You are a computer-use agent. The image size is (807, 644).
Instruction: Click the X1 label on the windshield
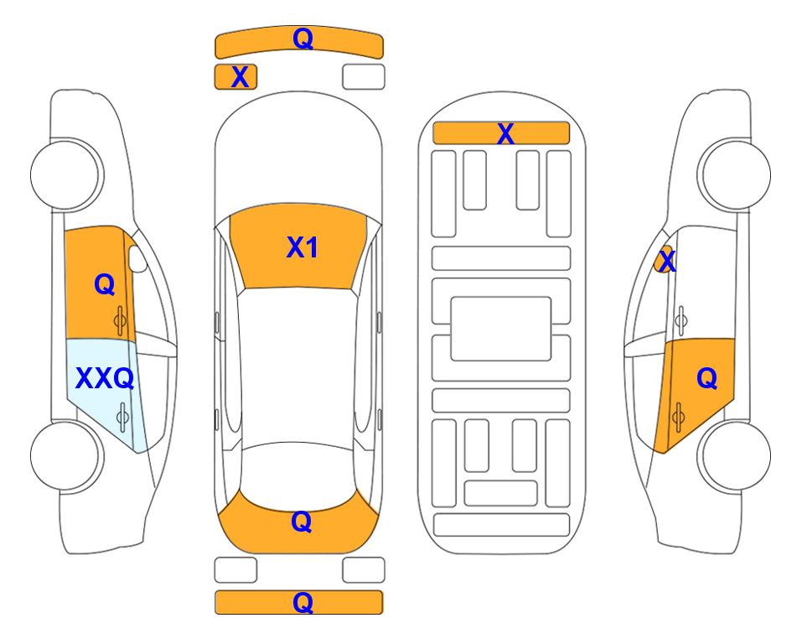point(303,247)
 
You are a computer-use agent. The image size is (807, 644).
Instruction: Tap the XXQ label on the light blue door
point(105,378)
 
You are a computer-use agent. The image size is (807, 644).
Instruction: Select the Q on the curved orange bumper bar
point(303,38)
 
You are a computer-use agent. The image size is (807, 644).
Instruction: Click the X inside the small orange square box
point(240,77)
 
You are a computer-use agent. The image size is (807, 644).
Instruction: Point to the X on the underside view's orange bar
point(505,133)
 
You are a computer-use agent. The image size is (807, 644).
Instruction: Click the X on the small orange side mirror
point(667,259)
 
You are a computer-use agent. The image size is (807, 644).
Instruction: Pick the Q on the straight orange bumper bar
point(303,602)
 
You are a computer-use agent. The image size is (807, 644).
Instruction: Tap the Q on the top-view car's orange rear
point(302,522)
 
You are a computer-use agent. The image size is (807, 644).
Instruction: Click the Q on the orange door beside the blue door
point(105,284)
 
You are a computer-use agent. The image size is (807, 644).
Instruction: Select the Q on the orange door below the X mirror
point(707,378)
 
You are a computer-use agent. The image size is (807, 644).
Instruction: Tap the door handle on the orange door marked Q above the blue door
point(120,321)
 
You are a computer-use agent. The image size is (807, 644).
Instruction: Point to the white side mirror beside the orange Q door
point(137,258)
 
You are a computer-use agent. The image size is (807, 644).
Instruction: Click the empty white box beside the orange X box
point(364,77)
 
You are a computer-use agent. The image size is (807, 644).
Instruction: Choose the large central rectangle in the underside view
point(501,329)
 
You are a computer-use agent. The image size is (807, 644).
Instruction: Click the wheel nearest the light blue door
point(65,456)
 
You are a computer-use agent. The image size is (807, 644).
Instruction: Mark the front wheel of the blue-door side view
point(65,174)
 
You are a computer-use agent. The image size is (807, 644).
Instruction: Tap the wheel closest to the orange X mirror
point(736,174)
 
